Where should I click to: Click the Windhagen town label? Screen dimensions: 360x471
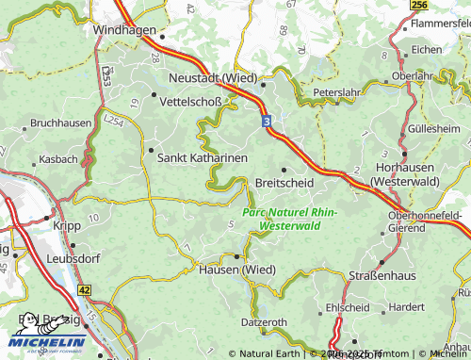(x=124, y=30)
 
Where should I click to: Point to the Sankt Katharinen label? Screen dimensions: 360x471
(x=203, y=158)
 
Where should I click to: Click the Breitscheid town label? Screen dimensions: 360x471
(x=285, y=182)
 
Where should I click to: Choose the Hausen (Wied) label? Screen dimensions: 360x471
(x=236, y=270)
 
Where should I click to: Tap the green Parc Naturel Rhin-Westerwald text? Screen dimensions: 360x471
(x=289, y=220)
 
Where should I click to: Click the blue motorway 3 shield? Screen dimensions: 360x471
(x=267, y=122)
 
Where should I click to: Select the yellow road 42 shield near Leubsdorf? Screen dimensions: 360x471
(x=84, y=291)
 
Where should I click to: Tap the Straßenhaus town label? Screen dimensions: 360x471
(x=383, y=274)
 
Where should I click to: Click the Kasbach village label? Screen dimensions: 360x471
(x=59, y=160)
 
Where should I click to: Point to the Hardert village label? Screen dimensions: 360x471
(x=407, y=306)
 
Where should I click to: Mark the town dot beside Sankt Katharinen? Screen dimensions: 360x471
(x=151, y=149)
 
